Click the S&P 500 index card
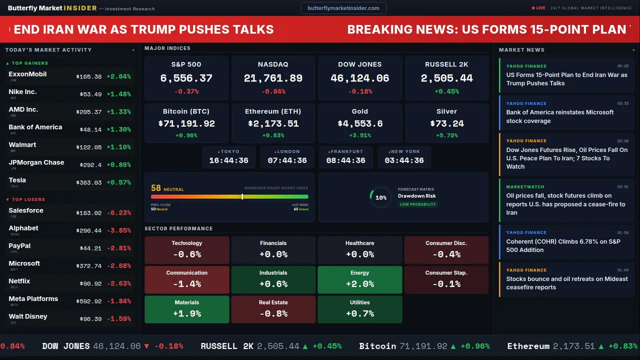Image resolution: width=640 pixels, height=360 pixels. click(186, 77)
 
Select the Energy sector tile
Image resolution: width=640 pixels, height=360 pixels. click(359, 279)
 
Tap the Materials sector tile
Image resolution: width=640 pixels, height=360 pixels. click(186, 309)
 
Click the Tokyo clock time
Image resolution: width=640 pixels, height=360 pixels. click(228, 160)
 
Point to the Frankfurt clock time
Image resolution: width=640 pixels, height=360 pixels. click(345, 160)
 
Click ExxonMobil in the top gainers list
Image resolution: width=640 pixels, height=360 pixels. click(27, 74)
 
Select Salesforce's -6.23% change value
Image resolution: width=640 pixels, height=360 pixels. click(118, 213)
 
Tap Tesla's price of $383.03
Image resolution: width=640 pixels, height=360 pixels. click(89, 183)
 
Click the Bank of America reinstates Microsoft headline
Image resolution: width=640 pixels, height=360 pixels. click(559, 116)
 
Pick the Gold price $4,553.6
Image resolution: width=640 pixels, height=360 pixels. click(359, 123)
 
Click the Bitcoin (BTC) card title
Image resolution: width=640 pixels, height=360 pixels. click(186, 111)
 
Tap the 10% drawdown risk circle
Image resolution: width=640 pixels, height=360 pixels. click(381, 197)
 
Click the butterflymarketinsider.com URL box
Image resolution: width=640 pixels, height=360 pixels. click(343, 8)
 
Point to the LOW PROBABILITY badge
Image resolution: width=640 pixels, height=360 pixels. click(417, 204)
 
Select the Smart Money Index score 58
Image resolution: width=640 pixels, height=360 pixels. click(156, 188)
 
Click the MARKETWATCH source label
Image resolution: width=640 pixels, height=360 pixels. click(525, 187)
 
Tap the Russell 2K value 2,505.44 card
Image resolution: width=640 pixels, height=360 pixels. click(446, 77)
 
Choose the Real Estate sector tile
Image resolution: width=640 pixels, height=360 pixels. click(273, 309)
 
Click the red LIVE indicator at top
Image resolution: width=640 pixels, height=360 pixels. click(539, 8)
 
